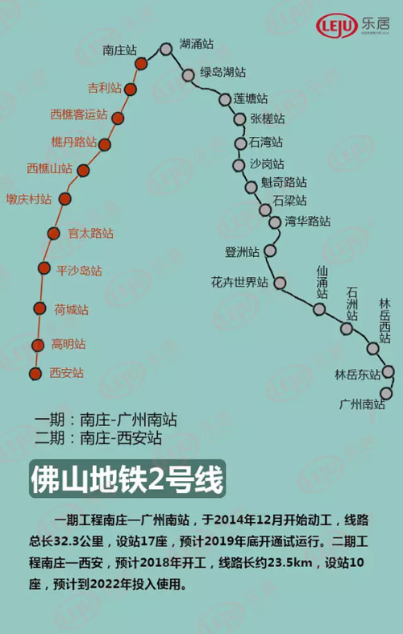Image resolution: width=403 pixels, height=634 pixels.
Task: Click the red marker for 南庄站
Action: coord(141,63)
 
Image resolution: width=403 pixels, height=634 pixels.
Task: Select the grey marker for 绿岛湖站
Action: coord(188,75)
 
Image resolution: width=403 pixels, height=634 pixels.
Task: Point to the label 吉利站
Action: coord(105,87)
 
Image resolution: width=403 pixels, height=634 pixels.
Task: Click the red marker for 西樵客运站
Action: coord(118,118)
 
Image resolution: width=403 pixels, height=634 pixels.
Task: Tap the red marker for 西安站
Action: coord(35,373)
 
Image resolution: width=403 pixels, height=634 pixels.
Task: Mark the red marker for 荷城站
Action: coord(39,307)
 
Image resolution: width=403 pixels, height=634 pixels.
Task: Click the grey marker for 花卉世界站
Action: coord(280,283)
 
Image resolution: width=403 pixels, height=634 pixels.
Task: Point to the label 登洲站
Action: coord(242,251)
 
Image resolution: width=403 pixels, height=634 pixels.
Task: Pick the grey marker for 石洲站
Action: coord(347,328)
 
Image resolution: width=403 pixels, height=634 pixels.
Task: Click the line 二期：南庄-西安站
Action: coord(98,438)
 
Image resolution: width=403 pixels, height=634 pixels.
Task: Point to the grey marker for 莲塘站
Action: coord(225,99)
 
